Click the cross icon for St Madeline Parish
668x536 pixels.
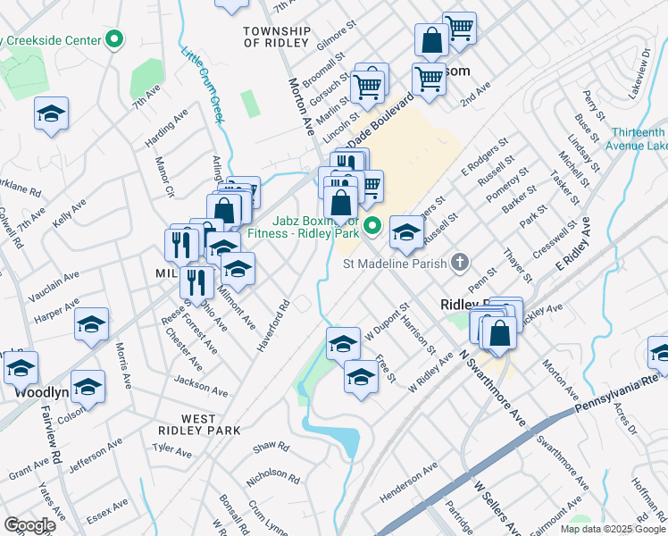click(x=460, y=262)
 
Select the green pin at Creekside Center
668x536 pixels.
click(x=113, y=40)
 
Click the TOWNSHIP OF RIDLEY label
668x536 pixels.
click(x=276, y=37)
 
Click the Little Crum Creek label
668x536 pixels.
click(x=202, y=85)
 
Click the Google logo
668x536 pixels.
click(x=29, y=525)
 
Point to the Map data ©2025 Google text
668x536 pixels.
click(x=613, y=529)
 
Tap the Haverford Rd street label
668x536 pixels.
click(x=272, y=323)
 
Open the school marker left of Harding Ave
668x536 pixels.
click(x=52, y=113)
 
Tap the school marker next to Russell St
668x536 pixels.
click(x=406, y=232)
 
